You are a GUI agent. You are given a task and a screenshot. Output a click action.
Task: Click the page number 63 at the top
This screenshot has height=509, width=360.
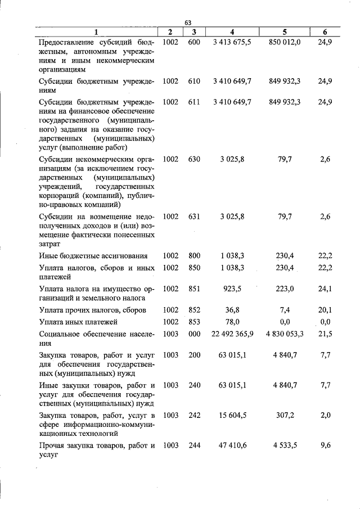[188, 22]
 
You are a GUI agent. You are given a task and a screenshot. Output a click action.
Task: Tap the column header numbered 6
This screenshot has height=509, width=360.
[325, 32]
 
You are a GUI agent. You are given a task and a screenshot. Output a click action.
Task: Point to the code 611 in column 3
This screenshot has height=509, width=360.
[193, 102]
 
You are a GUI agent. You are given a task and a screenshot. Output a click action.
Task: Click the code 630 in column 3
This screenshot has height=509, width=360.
[193, 160]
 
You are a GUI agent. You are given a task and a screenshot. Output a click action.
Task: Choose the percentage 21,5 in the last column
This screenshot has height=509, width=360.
[325, 334]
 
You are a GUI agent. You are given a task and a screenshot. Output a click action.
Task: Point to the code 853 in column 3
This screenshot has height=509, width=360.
[193, 322]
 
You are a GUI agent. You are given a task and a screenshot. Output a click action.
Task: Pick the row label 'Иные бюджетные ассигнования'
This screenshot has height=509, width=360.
[93, 256]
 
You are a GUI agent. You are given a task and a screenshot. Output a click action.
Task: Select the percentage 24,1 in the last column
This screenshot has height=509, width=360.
[325, 289]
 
